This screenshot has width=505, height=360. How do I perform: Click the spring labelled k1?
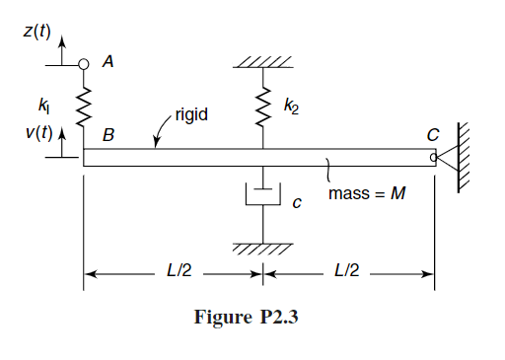pyautogui.click(x=84, y=105)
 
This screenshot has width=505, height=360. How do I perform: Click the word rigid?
pyautogui.click(x=190, y=115)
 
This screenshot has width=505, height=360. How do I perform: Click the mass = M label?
pyautogui.click(x=367, y=193)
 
